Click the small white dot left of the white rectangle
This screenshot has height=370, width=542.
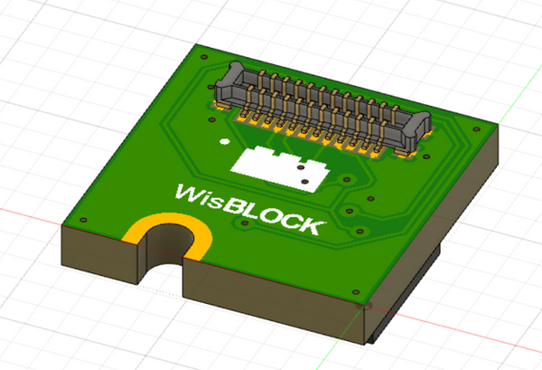coord(222,141)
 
